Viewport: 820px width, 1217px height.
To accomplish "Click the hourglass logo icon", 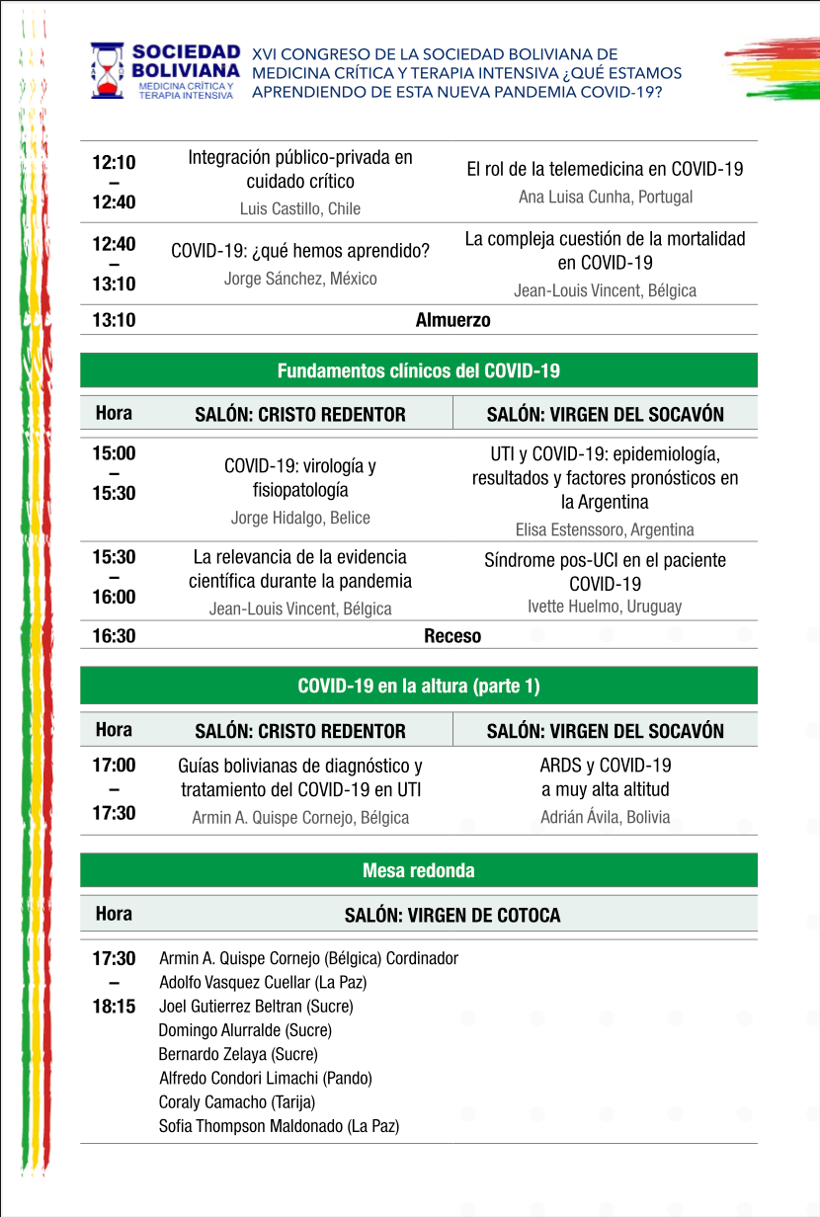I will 108,70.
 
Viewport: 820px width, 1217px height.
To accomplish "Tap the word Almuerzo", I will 452,320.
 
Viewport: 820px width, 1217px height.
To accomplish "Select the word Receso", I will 452,636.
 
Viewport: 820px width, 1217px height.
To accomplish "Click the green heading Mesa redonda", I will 419,870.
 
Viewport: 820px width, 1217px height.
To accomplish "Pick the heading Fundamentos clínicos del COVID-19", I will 419,370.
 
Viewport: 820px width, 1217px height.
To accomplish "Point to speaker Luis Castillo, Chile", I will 300,208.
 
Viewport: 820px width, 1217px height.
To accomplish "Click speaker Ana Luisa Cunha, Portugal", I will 606,197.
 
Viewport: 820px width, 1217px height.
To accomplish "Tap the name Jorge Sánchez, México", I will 300,279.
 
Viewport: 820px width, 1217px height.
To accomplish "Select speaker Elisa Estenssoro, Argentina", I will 605,529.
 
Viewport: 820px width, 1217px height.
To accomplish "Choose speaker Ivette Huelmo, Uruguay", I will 605,606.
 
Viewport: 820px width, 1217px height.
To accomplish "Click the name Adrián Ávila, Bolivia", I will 605,817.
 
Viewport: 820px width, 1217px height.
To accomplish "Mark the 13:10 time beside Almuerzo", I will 115,320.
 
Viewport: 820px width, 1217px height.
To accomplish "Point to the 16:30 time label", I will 115,636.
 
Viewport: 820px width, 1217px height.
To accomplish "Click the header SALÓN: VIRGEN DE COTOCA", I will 452,916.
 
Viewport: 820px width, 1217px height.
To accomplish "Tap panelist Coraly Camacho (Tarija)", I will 237,1101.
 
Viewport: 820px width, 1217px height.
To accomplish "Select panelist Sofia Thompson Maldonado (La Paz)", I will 279,1126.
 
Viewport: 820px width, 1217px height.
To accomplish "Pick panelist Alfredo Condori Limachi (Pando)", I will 266,1078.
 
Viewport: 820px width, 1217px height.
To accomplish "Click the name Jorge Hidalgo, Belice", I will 300,518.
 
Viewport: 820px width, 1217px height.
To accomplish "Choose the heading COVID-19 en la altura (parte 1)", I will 419,686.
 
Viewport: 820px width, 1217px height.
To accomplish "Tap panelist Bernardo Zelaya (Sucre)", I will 238,1054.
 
